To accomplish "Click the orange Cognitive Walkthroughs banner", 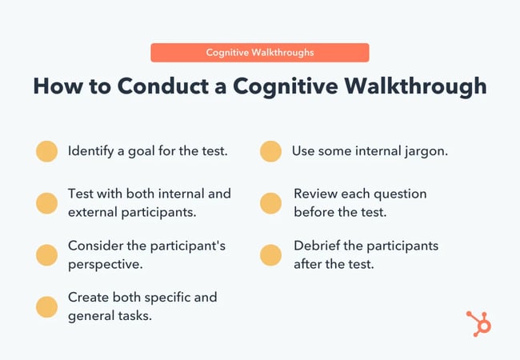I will [260, 53].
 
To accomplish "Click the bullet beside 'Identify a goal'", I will [46, 152].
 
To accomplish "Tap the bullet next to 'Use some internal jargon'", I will [270, 152].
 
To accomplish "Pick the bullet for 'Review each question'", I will [270, 203].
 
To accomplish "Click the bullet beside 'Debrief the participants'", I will [270, 255].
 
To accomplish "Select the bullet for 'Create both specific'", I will [46, 306].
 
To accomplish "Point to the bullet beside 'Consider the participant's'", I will [46, 255].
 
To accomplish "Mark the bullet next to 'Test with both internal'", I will [46, 203].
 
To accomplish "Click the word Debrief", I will [318, 246].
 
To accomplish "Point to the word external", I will [94, 213].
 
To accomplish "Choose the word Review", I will [317, 194].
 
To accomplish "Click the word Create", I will [89, 297].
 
